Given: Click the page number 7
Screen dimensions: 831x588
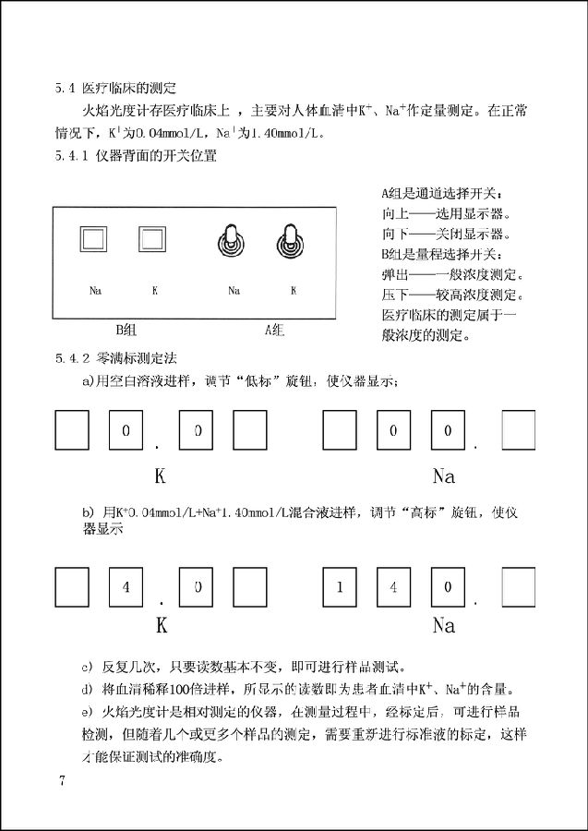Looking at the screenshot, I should (x=62, y=781).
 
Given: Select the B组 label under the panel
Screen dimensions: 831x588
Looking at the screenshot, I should (x=125, y=329).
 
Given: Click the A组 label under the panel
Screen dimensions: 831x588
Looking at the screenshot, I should (x=274, y=329).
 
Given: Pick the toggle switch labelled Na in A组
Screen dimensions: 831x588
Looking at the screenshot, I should (x=232, y=242).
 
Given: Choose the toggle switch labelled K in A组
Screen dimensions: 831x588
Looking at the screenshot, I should (x=291, y=242).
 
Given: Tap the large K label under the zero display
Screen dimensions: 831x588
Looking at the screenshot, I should (x=160, y=477).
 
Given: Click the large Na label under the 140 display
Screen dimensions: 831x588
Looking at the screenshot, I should (x=443, y=625).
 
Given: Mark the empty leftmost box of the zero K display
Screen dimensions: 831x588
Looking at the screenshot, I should (x=72, y=429).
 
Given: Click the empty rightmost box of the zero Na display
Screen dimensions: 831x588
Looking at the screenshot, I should (x=517, y=429).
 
